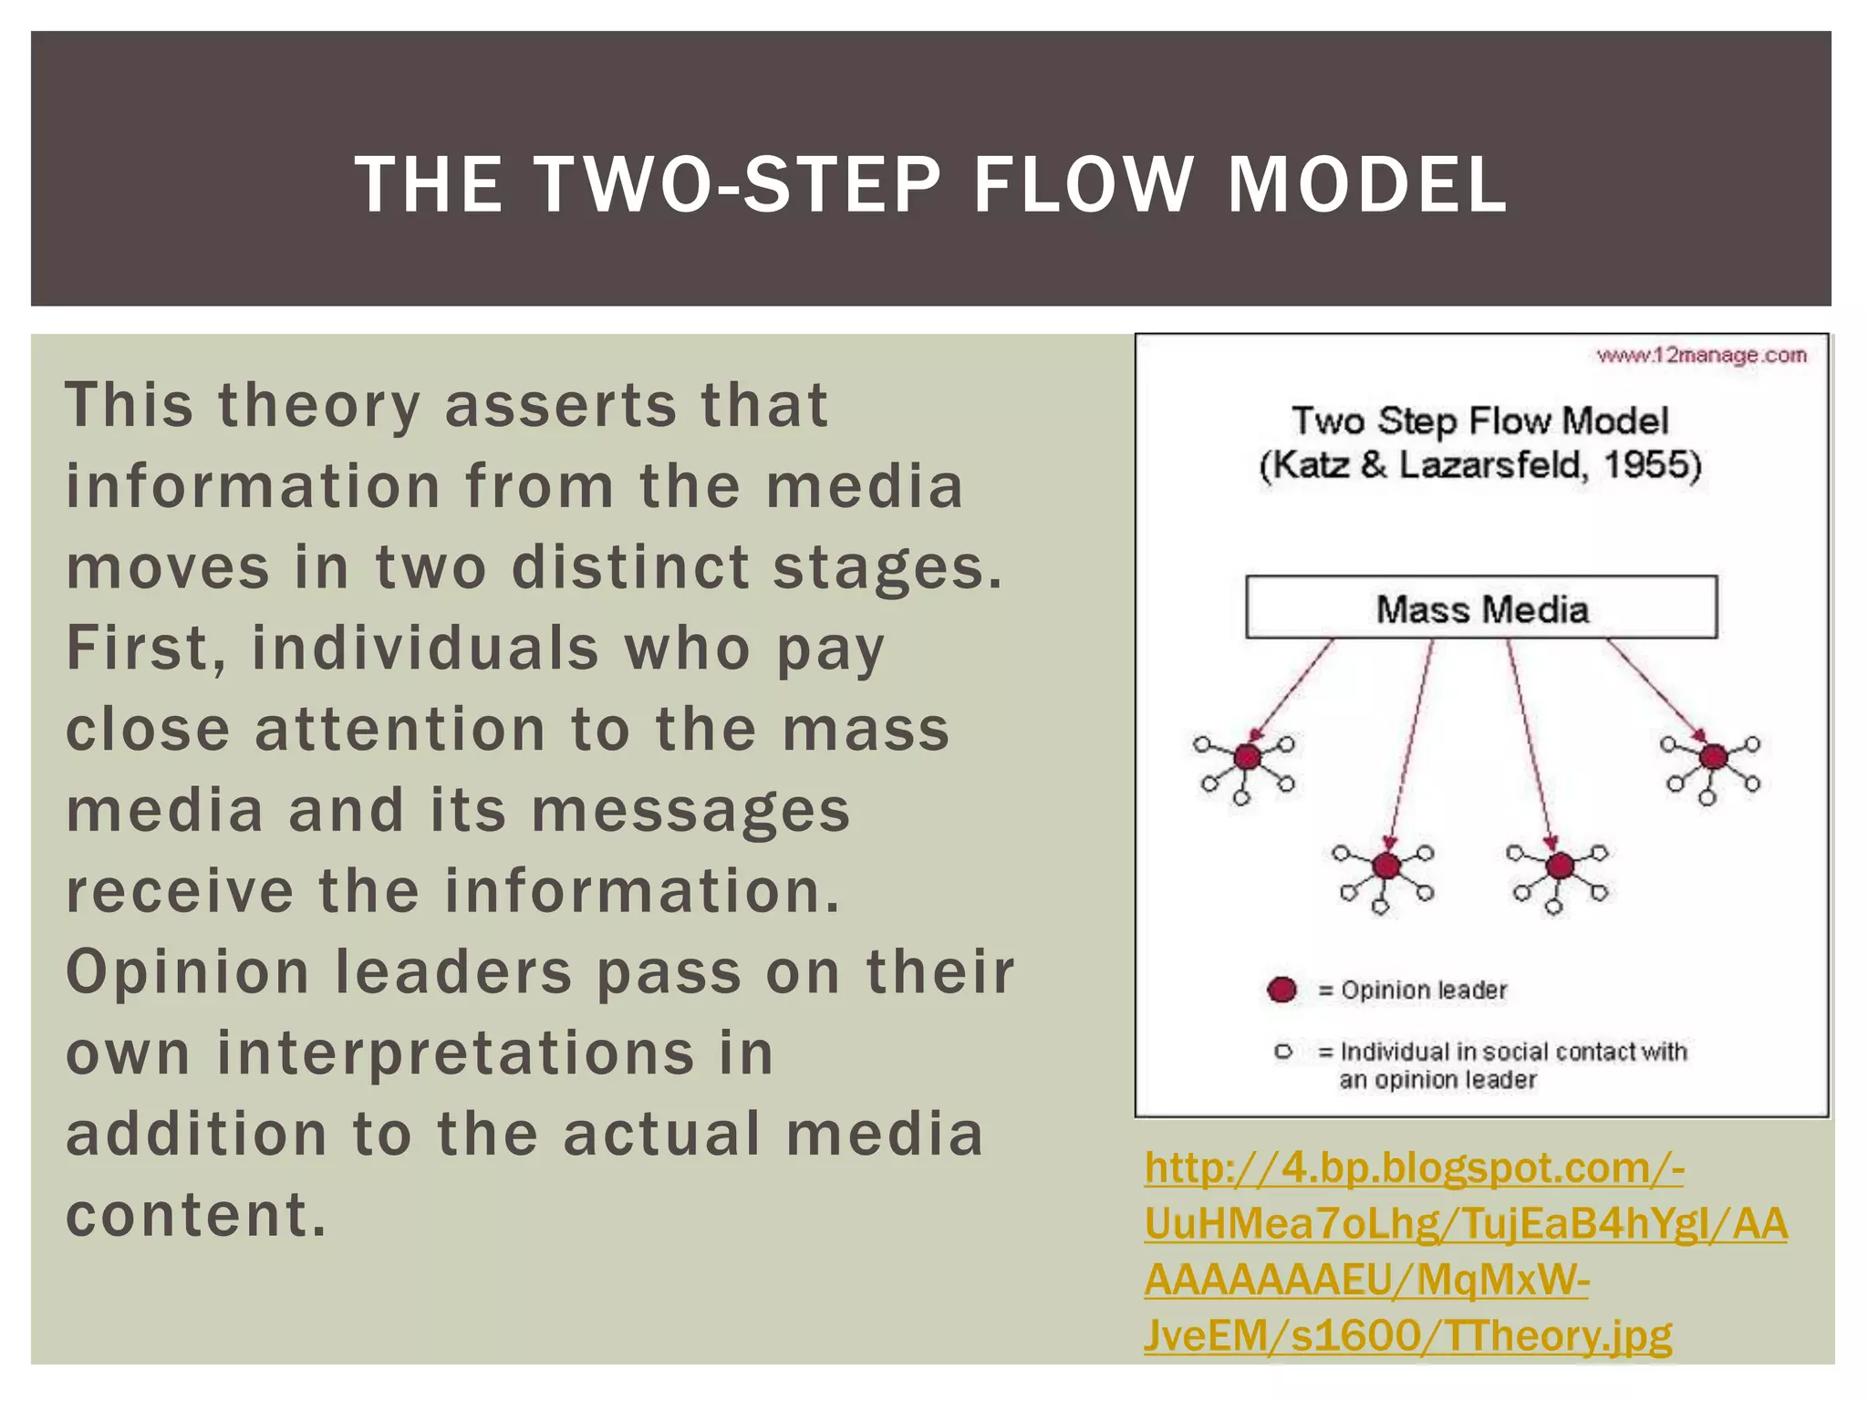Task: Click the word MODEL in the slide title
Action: coord(1365,185)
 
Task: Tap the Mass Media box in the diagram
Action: coord(1481,607)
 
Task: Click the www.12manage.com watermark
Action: coord(1700,355)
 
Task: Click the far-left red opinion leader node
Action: coord(1247,756)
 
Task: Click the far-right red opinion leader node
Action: coord(1714,756)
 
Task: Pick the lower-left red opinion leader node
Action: coord(1386,865)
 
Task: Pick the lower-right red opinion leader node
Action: coord(1560,865)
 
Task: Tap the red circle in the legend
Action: coord(1282,990)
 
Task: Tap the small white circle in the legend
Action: coord(1283,1052)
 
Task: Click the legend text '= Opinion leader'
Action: coord(1413,990)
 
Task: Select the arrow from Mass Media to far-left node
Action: coord(1292,689)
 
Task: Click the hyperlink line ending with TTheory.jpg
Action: coord(1407,1335)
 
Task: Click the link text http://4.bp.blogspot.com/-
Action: coord(1413,1167)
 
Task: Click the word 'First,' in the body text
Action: coord(145,649)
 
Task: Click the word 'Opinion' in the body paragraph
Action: coord(188,972)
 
